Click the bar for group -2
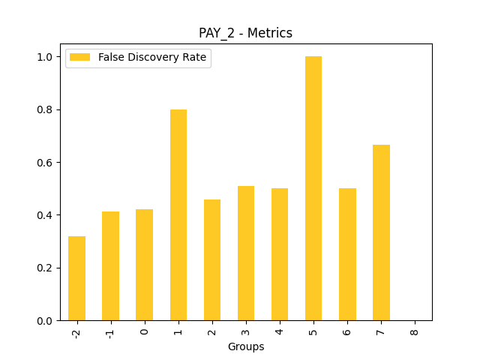point(76,278)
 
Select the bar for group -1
point(110,266)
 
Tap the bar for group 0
point(144,265)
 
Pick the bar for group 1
point(178,215)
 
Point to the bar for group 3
point(246,253)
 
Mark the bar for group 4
point(280,254)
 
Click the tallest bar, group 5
point(313,188)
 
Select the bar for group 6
point(347,254)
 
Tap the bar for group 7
point(381,232)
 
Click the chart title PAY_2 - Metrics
point(245,33)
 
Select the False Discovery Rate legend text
point(152,58)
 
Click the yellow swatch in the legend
point(81,58)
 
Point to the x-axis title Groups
point(246,346)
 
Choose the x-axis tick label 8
point(415,331)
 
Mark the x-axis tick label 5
point(313,331)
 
